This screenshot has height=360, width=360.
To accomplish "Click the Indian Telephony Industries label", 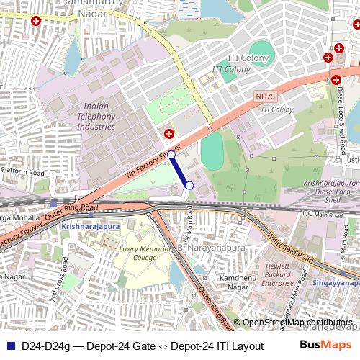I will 95,116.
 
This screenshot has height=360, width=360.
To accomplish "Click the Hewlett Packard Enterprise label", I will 277,274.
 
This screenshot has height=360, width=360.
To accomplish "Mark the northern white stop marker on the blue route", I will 171,154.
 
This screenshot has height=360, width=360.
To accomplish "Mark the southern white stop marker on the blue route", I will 189,186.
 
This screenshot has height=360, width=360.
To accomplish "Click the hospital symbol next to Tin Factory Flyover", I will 168,133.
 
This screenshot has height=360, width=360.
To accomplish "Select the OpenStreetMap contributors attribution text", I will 296,323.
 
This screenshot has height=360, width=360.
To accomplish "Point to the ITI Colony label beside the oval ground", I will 230,69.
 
